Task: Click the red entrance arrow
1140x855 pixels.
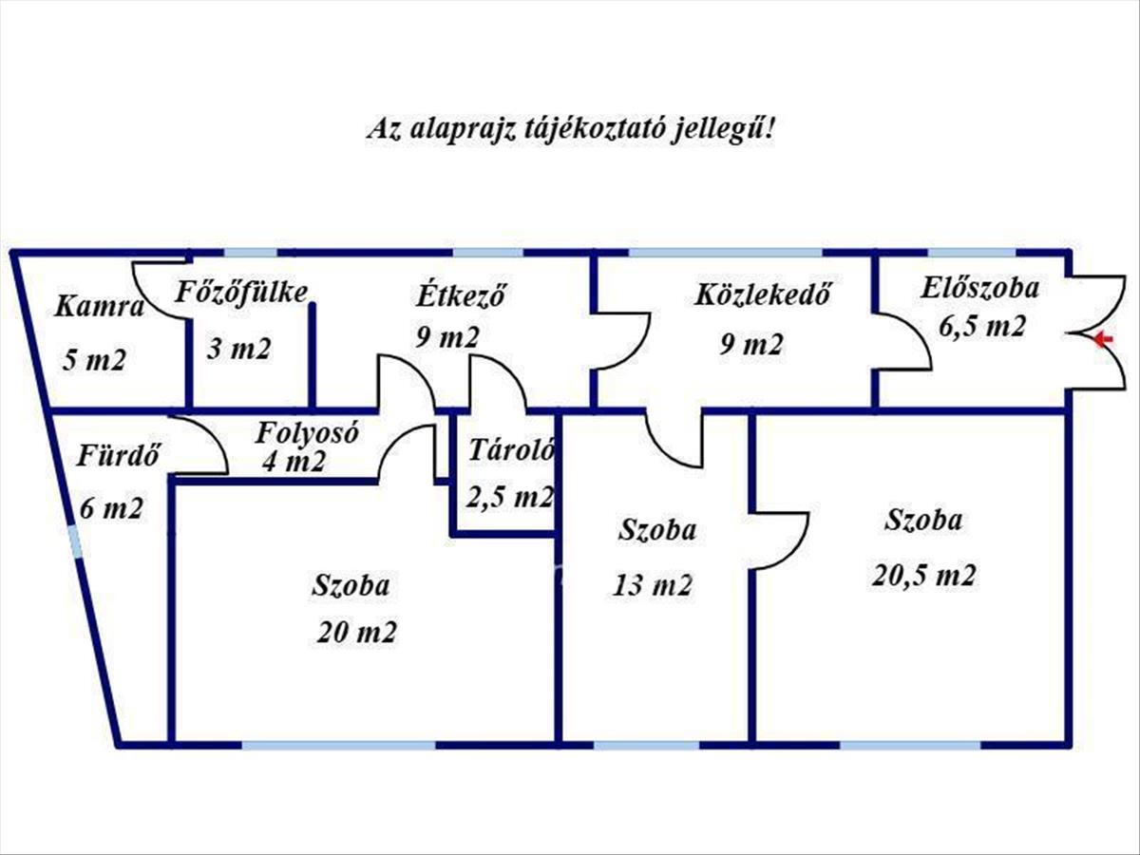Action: pyautogui.click(x=1104, y=339)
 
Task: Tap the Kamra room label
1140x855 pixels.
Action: pyautogui.click(x=99, y=306)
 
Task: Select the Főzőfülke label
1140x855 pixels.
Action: pyautogui.click(x=241, y=293)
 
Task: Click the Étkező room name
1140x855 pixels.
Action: pyautogui.click(x=461, y=294)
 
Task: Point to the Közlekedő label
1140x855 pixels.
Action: pyautogui.click(x=764, y=294)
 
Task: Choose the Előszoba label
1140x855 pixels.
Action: pyautogui.click(x=980, y=288)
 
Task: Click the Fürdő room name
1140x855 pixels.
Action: pyautogui.click(x=118, y=455)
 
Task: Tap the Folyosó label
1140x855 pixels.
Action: pyautogui.click(x=307, y=432)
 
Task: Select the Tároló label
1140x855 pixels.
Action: pyautogui.click(x=511, y=449)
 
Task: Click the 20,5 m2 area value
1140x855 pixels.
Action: pyautogui.click(x=924, y=575)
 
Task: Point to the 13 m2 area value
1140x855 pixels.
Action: pyautogui.click(x=653, y=585)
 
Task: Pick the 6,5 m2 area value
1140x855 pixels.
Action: pyautogui.click(x=982, y=327)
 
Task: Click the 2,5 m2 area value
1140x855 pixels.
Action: pyautogui.click(x=509, y=497)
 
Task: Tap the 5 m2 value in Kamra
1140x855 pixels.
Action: pyautogui.click(x=94, y=359)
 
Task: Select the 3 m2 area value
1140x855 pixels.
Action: pyautogui.click(x=238, y=348)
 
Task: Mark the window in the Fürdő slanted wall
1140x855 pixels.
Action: pyautogui.click(x=75, y=541)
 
